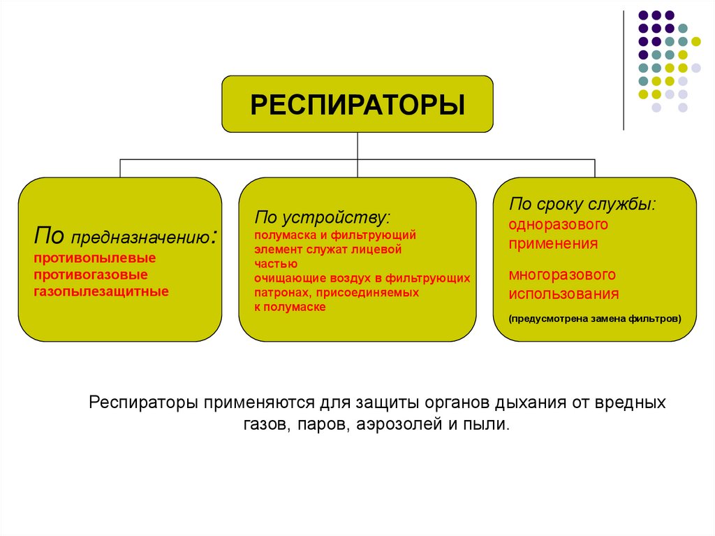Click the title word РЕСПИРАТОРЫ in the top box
coord(357,106)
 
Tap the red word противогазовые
coord(91,275)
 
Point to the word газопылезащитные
coord(101,291)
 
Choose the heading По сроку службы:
coord(582,204)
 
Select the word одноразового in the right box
coord(559,225)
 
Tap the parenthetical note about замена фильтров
coord(595,319)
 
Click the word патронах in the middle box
coord(281,293)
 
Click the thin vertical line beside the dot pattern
coord(624,70)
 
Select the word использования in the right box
coord(563,294)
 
